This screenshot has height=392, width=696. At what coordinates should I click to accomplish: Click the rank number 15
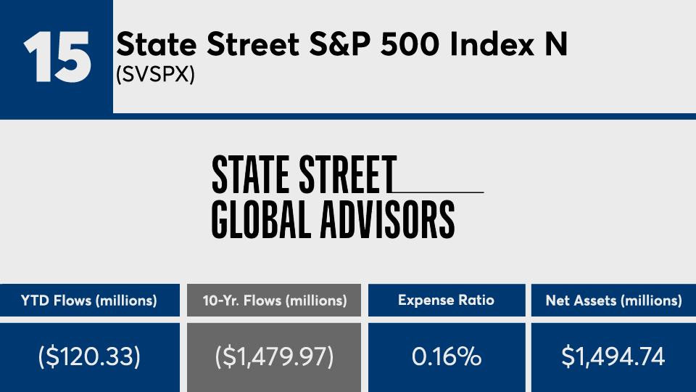pos(57,57)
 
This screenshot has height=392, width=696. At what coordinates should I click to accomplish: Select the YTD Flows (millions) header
pos(88,301)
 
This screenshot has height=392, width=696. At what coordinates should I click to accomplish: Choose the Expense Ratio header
pos(447,301)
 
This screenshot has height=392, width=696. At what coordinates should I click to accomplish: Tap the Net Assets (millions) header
pos(613,301)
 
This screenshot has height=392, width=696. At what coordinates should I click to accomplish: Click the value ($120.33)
pos(88,357)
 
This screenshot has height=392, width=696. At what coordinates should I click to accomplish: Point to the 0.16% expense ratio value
pos(447,357)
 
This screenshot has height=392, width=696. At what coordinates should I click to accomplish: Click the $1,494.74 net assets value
pos(613,357)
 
